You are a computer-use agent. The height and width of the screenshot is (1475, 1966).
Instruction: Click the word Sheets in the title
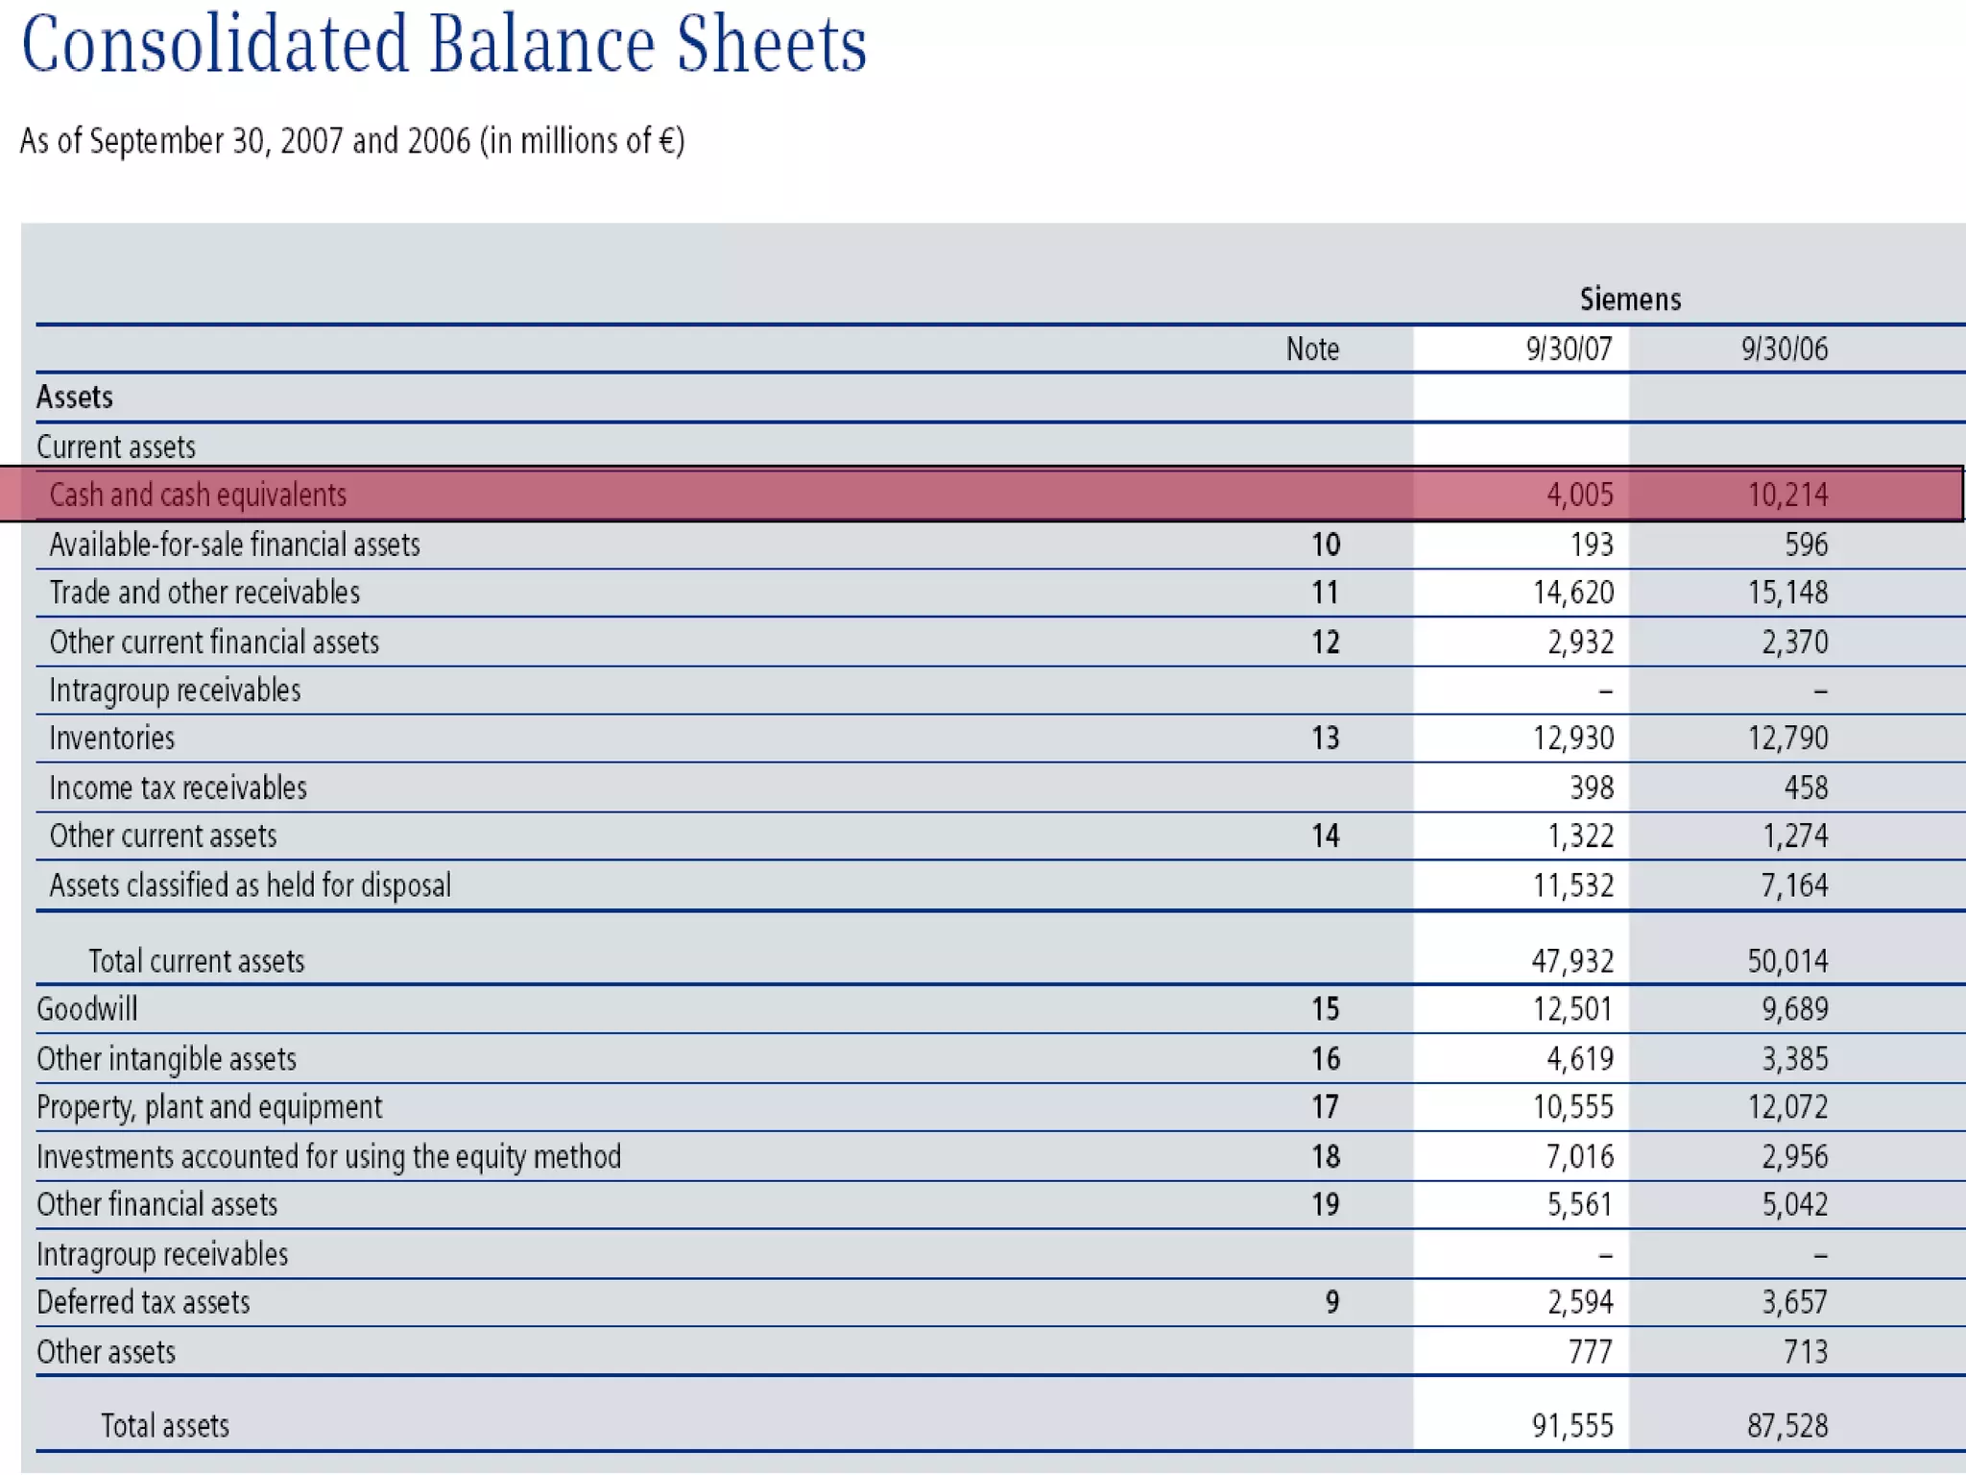pyautogui.click(x=771, y=45)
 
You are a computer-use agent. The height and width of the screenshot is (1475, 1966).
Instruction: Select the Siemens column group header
pyautogui.click(x=1630, y=300)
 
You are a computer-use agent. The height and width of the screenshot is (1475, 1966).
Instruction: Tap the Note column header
pyautogui.click(x=1312, y=349)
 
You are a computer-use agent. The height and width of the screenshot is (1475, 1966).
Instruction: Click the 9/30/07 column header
pyautogui.click(x=1569, y=349)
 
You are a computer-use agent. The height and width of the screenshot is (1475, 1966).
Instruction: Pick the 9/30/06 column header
pyautogui.click(x=1785, y=349)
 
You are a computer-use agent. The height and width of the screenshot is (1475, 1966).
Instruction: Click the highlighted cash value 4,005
pyautogui.click(x=1579, y=495)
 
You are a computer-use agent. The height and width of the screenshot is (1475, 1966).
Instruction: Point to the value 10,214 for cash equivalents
pyautogui.click(x=1787, y=495)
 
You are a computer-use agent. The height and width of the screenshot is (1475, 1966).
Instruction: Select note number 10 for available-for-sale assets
pyautogui.click(x=1325, y=544)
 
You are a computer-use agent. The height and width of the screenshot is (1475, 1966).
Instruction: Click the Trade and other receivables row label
pyautogui.click(x=204, y=592)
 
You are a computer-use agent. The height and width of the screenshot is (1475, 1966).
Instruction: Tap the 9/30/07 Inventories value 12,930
pyautogui.click(x=1573, y=737)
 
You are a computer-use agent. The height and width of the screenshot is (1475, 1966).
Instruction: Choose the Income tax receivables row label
pyautogui.click(x=178, y=787)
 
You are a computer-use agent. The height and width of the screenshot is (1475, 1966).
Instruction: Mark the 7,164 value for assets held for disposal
pyautogui.click(x=1794, y=884)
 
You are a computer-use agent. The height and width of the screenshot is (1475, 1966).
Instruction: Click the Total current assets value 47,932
pyautogui.click(x=1572, y=960)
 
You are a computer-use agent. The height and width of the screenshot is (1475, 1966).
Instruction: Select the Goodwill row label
pyautogui.click(x=87, y=1008)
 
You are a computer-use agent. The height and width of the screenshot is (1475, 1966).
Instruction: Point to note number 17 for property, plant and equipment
pyautogui.click(x=1325, y=1106)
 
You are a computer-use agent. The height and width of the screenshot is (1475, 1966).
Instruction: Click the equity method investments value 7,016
pyautogui.click(x=1579, y=1156)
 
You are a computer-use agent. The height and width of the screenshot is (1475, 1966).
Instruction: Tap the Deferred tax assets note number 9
pyautogui.click(x=1331, y=1302)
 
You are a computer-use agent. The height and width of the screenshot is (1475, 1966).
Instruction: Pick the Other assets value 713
pyautogui.click(x=1806, y=1352)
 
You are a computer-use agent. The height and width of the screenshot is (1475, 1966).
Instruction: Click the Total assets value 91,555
pyautogui.click(x=1572, y=1426)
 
